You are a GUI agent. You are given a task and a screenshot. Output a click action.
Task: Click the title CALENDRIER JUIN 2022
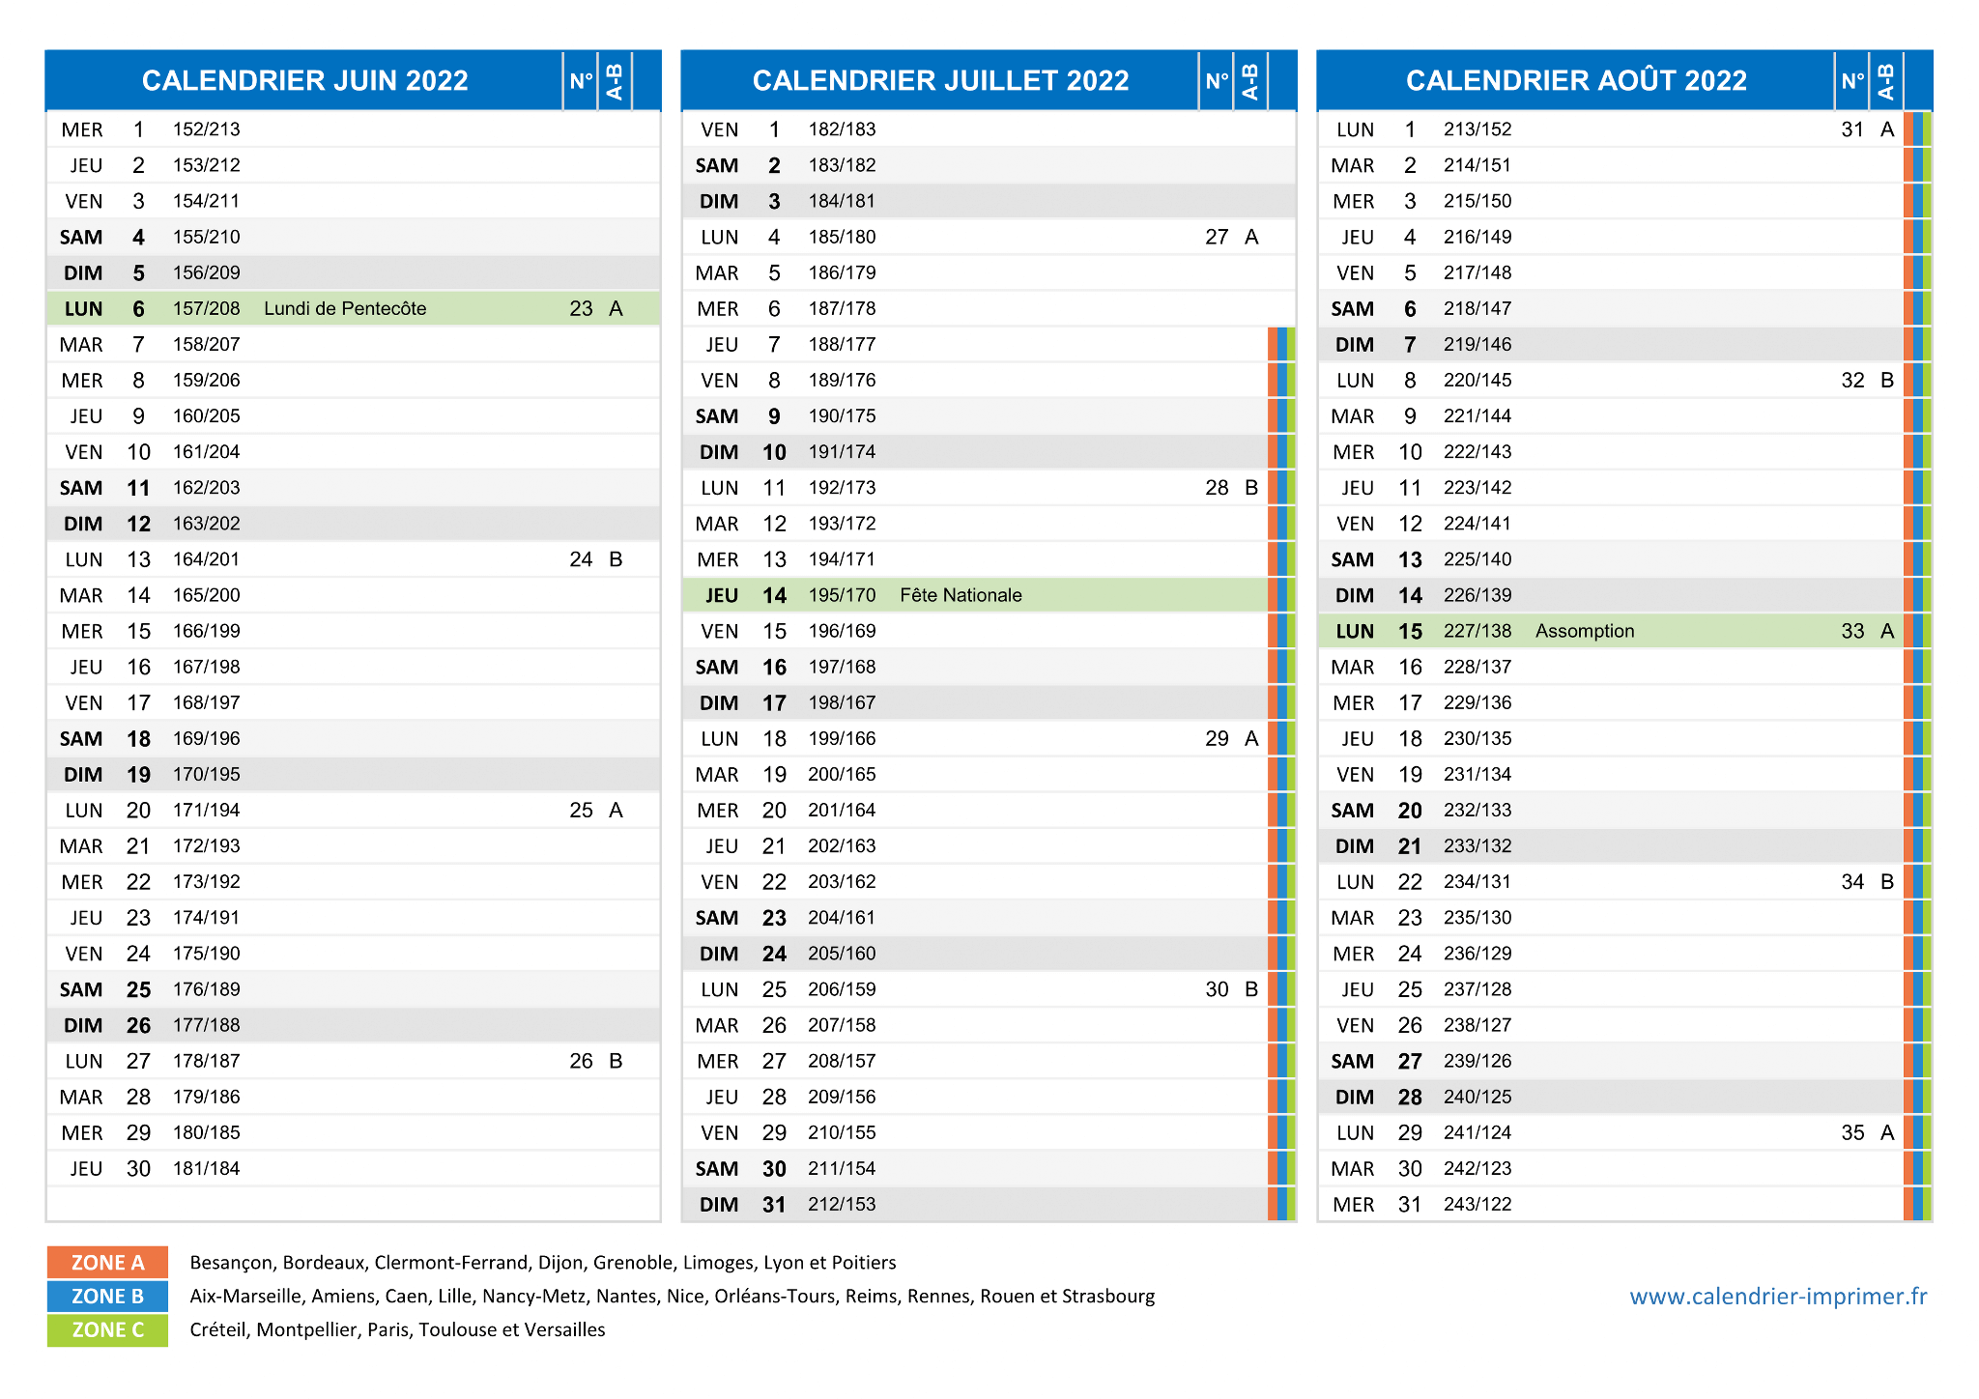tap(304, 80)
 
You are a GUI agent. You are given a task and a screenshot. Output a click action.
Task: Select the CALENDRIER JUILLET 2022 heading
tap(940, 80)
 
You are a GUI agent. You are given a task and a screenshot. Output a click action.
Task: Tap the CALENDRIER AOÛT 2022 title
tap(1576, 79)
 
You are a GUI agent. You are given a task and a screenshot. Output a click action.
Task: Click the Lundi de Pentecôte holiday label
tap(345, 308)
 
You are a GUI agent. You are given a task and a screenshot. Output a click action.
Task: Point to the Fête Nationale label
tap(961, 595)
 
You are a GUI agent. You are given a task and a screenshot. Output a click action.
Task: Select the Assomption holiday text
tap(1585, 631)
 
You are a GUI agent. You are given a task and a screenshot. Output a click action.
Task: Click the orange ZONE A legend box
tap(107, 1263)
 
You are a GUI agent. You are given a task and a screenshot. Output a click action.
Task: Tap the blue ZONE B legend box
tap(107, 1297)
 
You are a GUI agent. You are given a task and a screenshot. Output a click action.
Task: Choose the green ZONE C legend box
tap(107, 1330)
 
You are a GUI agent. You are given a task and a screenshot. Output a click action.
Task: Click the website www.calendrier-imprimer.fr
tap(1778, 1297)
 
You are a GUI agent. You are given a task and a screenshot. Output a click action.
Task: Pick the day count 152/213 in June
tap(206, 129)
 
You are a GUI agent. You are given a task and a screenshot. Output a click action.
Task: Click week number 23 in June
tap(581, 308)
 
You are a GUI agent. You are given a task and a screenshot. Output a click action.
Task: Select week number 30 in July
tap(1217, 989)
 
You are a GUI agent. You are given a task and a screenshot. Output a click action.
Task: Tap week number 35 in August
tap(1852, 1132)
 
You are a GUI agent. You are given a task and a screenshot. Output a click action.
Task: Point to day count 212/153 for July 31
tap(842, 1204)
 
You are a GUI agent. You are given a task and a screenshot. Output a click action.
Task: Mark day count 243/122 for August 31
tap(1477, 1204)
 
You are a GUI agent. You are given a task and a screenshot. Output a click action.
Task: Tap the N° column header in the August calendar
tap(1851, 80)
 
